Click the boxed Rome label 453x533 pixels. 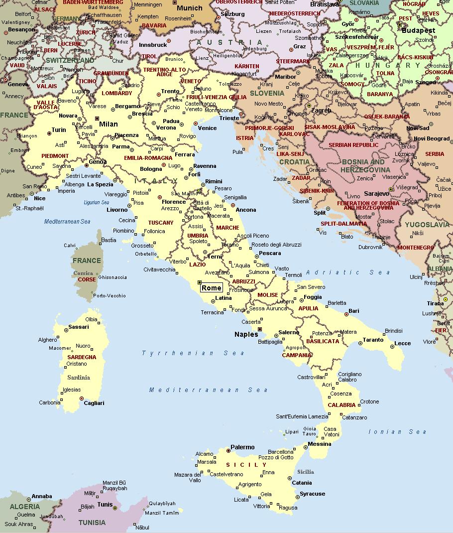(212, 288)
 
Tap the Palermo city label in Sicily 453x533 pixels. (242, 447)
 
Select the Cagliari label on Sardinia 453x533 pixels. (95, 403)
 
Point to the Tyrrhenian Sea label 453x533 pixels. (193, 353)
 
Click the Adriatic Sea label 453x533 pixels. (348, 272)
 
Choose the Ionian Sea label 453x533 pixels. (397, 432)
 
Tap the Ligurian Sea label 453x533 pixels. (97, 203)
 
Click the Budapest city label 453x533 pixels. (419, 30)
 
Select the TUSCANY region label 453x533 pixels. (161, 223)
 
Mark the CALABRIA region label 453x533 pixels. (341, 405)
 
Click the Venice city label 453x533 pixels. (207, 128)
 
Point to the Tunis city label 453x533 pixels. (105, 504)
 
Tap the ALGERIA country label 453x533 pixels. (24, 507)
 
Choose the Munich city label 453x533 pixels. (190, 8)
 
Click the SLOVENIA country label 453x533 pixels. (267, 93)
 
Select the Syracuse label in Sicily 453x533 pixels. (312, 494)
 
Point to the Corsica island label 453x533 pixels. (83, 273)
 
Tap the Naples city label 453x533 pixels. (246, 334)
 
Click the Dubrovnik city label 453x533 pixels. (370, 247)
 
